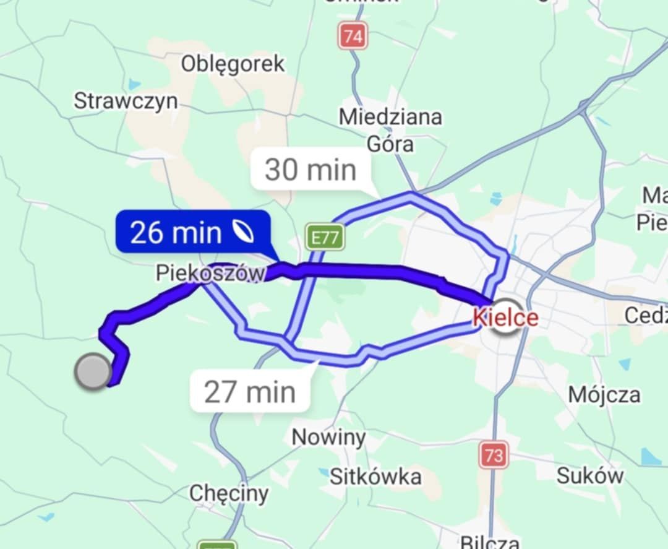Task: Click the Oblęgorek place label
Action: click(233, 64)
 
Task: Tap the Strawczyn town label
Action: click(126, 101)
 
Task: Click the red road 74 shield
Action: click(353, 36)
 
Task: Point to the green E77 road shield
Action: click(325, 237)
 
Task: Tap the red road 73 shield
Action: click(494, 456)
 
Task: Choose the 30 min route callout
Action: click(310, 170)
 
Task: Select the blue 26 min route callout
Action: click(192, 232)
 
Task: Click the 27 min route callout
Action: click(250, 392)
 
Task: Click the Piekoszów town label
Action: click(210, 273)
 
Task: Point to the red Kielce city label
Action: click(505, 318)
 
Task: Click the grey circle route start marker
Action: click(93, 371)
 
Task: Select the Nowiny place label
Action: click(328, 438)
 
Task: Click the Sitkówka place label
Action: click(375, 477)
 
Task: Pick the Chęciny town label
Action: click(229, 493)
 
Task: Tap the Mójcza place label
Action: click(604, 394)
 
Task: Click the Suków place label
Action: click(590, 475)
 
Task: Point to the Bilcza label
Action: click(489, 542)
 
